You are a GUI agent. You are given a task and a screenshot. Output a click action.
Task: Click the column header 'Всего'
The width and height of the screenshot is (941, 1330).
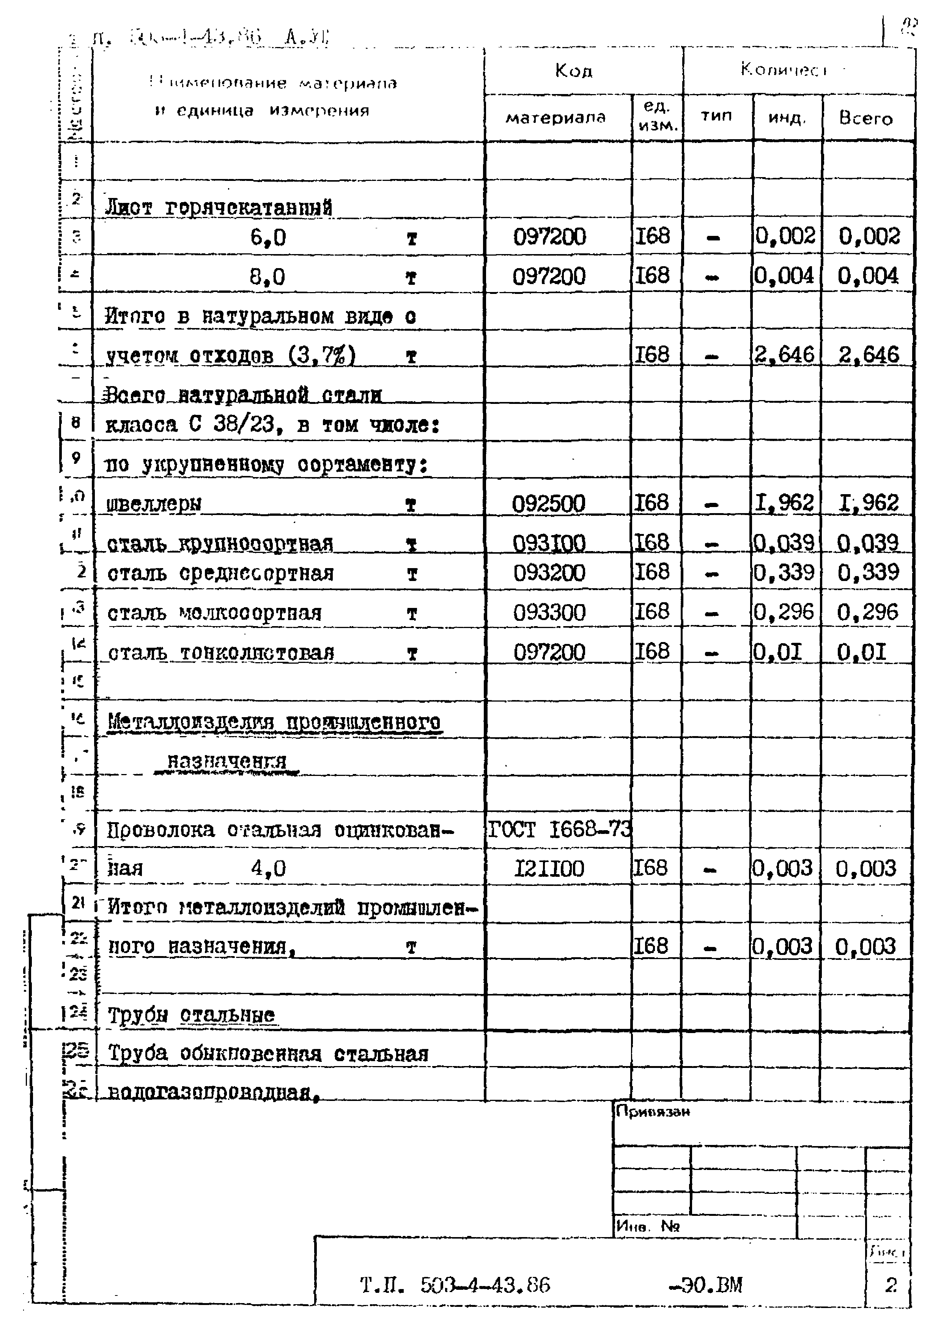[865, 119]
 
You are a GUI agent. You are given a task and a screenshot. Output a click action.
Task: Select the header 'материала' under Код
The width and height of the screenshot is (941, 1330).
[555, 118]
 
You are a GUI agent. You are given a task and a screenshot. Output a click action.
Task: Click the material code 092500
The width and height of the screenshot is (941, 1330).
[548, 503]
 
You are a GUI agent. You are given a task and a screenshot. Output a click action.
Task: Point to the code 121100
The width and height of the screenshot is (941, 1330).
[549, 869]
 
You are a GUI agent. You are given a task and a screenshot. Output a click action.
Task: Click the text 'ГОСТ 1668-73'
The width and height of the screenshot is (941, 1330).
[559, 830]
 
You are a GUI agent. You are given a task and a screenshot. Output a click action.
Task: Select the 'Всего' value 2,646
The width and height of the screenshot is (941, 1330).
[869, 355]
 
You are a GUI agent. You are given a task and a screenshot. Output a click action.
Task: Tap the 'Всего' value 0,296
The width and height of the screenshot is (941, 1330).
[867, 612]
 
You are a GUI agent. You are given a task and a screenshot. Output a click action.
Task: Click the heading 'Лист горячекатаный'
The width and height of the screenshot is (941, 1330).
[219, 207]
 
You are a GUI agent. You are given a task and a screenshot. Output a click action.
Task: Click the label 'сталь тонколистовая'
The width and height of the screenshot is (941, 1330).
[221, 653]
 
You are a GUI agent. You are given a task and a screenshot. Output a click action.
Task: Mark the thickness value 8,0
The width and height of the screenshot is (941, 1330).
[267, 277]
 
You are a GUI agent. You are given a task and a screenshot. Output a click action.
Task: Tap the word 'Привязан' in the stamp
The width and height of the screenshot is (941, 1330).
[653, 1112]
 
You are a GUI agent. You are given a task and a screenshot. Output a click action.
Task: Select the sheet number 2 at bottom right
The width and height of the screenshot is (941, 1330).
[891, 1285]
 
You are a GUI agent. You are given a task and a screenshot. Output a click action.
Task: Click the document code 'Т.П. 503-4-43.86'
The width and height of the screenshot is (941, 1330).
[455, 1285]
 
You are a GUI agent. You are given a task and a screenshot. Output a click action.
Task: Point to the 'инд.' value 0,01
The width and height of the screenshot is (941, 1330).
[777, 653]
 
